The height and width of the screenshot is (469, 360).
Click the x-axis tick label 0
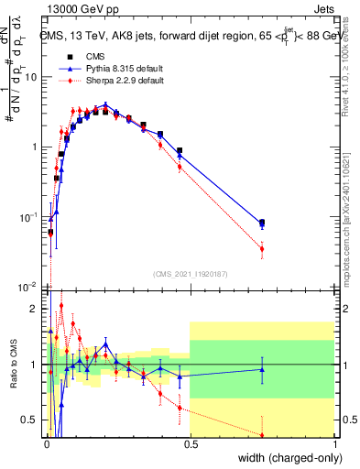coord(46,446)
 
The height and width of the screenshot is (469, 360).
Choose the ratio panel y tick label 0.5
coord(29,420)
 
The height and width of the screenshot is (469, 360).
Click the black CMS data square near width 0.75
coord(262,223)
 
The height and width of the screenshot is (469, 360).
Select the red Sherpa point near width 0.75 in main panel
coord(262,248)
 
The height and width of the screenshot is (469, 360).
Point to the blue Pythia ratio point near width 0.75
coord(262,370)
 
